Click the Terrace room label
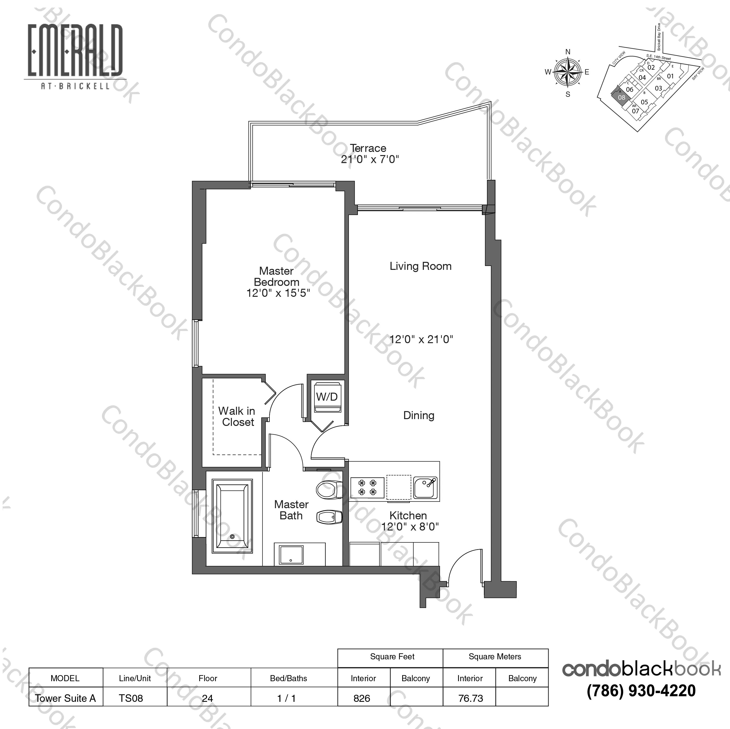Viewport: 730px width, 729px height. point(368,148)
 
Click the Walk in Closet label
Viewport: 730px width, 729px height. point(237,416)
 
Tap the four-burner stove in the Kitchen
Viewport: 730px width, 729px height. point(367,487)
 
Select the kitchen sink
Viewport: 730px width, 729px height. point(426,488)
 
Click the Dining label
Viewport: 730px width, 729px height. point(419,415)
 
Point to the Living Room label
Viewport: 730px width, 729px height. point(420,266)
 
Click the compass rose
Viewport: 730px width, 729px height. point(568,72)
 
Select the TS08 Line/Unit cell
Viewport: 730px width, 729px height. point(131,698)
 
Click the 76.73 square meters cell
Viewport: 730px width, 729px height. point(470,698)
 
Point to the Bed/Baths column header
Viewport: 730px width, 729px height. point(288,678)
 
